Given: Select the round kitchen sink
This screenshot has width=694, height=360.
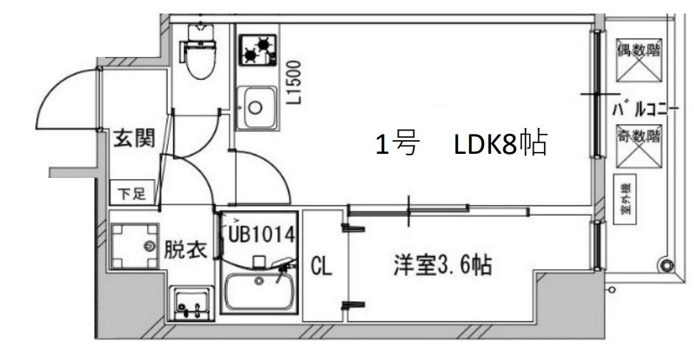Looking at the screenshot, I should tap(255, 108).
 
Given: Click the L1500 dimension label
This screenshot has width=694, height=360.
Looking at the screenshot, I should tap(295, 82).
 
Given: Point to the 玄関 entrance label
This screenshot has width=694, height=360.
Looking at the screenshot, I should tap(134, 139).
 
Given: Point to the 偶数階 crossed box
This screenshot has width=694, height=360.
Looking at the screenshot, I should tap(637, 61).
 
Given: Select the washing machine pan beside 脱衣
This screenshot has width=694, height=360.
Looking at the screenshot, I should tap(133, 245).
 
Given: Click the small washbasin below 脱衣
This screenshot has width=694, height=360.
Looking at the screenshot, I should tap(191, 302).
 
